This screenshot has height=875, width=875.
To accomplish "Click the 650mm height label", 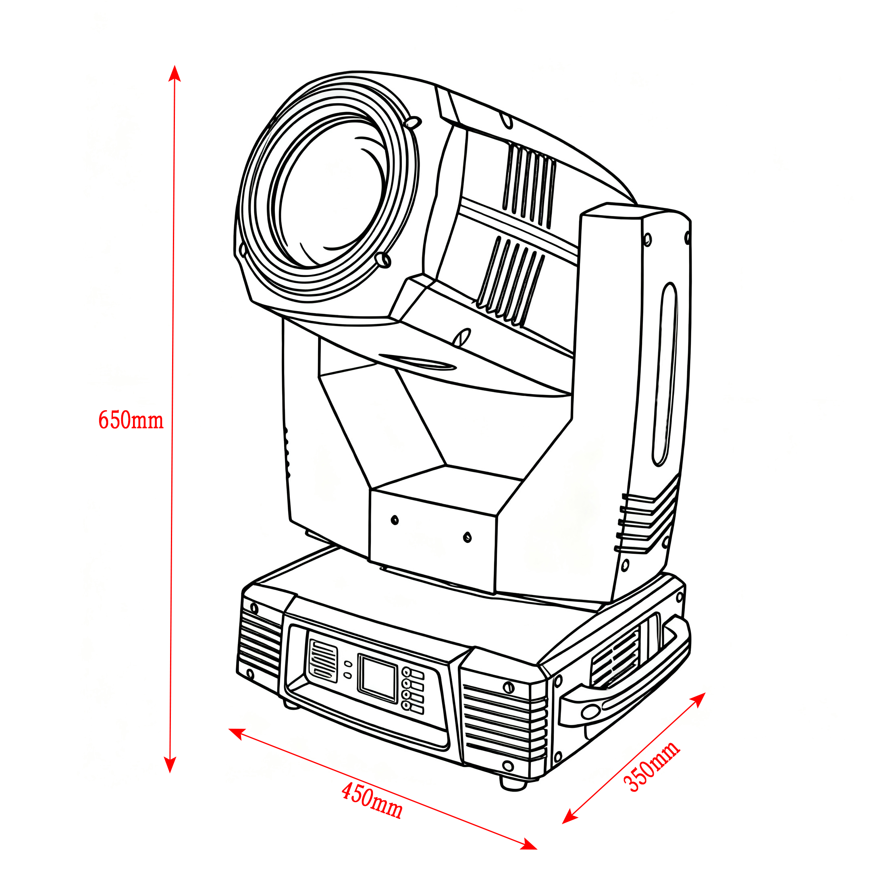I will coord(131,420).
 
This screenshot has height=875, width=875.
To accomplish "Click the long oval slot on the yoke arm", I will coord(665,374).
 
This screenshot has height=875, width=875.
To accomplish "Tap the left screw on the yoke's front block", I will coord(395,520).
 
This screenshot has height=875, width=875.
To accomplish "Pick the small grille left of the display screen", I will coord(323,661).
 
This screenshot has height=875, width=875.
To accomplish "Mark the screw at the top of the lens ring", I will coord(413,122).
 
